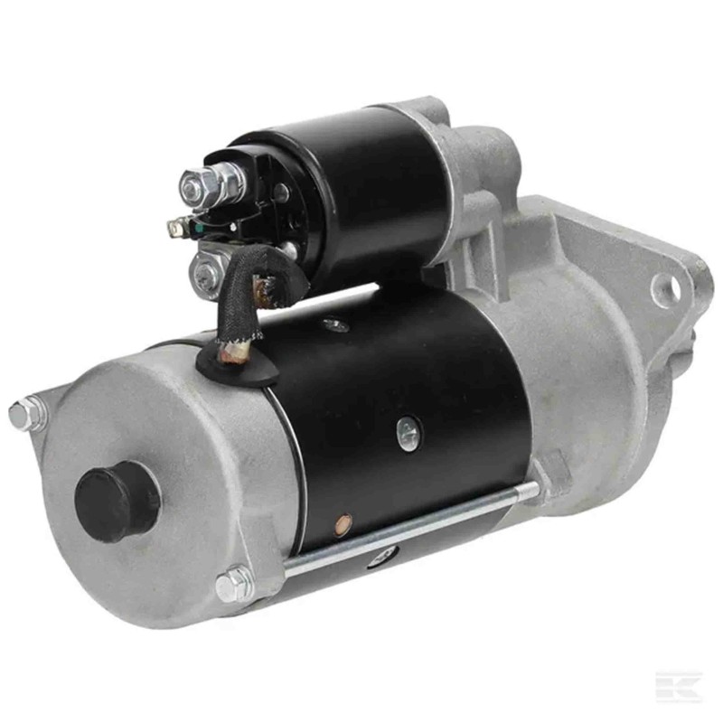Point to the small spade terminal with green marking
(177, 229)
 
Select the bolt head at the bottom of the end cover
(233, 585)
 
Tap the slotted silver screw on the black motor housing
(408, 430)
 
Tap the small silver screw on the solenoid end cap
(281, 192)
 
